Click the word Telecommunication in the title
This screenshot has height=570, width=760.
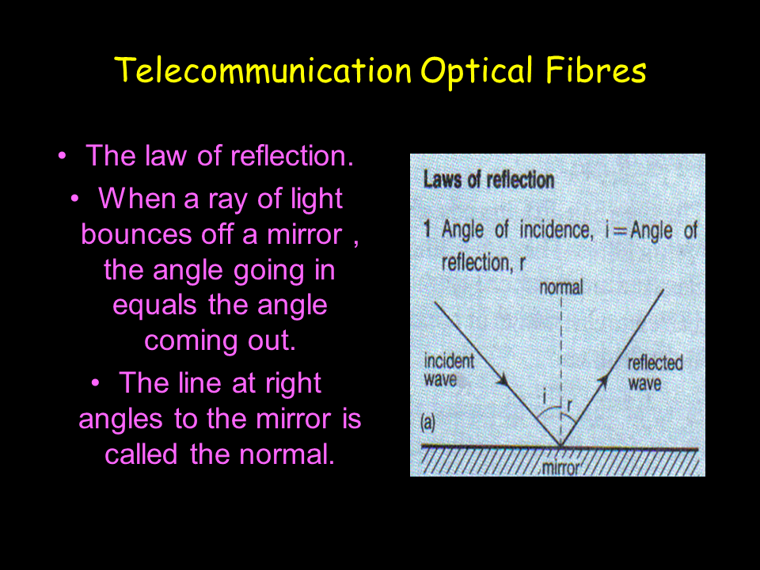tap(263, 70)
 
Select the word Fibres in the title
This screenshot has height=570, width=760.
tap(595, 70)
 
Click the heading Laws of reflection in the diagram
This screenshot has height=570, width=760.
tap(488, 180)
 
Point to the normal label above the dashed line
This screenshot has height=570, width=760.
tap(560, 287)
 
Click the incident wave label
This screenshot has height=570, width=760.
tap(449, 370)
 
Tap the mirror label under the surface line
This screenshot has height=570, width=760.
tap(560, 468)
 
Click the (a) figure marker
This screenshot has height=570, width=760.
tap(428, 422)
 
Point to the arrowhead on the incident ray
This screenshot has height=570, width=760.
tap(503, 379)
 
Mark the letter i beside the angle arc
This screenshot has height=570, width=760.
tap(545, 398)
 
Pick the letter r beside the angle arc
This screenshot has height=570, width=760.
tap(569, 405)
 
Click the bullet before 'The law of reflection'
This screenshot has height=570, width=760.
tap(62, 156)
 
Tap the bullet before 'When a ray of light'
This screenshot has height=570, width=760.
tap(74, 199)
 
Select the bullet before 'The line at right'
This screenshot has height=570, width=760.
tap(95, 383)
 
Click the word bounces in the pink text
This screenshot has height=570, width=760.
tap(137, 234)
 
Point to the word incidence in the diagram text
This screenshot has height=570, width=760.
tap(556, 230)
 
